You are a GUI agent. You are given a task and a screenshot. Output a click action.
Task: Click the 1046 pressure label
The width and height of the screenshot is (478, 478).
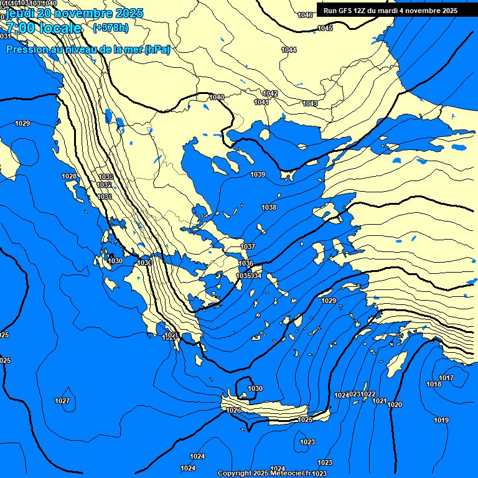click(x=305, y=15)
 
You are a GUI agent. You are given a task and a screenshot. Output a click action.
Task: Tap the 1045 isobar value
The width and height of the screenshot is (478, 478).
click(x=325, y=28)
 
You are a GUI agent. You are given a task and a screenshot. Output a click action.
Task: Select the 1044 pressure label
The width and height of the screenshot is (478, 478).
click(x=289, y=50)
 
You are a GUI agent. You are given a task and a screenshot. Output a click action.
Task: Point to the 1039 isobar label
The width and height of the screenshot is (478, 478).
click(x=258, y=174)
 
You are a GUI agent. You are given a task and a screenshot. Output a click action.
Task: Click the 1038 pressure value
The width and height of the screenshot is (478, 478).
click(x=269, y=207)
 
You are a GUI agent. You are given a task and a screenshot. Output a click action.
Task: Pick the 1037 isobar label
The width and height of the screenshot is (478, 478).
click(x=248, y=247)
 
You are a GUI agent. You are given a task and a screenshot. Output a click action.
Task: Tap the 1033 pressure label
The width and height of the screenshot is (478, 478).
click(x=106, y=177)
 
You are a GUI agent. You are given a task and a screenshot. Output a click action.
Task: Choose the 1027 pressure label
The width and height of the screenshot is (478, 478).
click(x=62, y=401)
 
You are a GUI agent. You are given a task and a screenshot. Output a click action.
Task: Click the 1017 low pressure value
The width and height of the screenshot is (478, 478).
click(x=446, y=378)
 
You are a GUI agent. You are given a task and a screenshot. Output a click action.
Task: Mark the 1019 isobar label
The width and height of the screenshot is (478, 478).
click(x=441, y=420)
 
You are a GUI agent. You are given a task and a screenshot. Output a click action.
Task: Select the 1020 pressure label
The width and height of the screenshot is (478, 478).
click(x=395, y=405)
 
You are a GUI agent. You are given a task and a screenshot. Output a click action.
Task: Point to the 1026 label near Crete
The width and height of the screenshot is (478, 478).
click(x=233, y=410)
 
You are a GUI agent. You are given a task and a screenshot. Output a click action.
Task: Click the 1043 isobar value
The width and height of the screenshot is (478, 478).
click(x=310, y=103)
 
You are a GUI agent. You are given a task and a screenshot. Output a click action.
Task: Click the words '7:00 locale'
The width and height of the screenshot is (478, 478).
click(x=44, y=28)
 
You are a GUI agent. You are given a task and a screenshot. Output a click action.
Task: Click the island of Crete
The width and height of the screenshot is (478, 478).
click(x=274, y=411)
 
